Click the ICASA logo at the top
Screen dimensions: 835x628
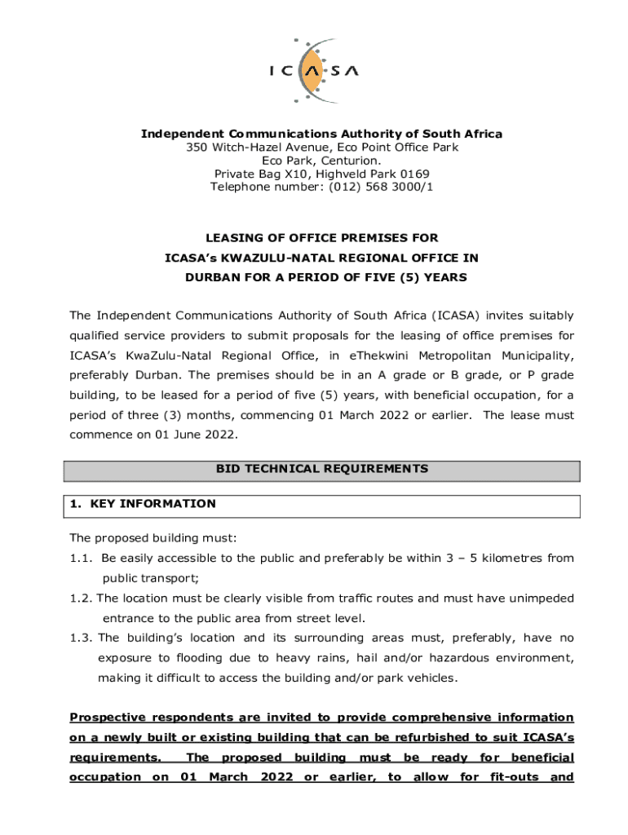coord(313,71)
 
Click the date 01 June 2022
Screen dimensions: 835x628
coord(197,435)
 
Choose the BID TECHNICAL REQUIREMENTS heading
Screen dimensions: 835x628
coord(321,469)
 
